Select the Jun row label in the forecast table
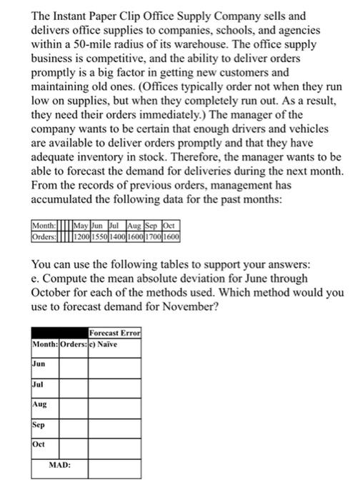(40, 364)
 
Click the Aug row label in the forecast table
(40, 404)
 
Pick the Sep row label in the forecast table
(40, 424)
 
